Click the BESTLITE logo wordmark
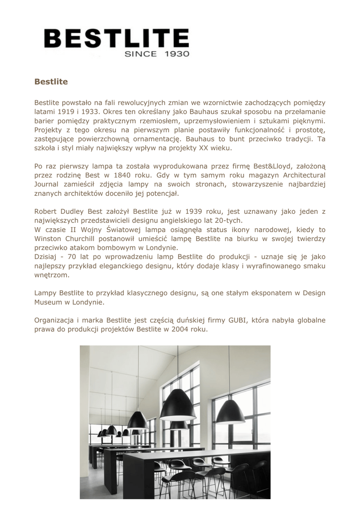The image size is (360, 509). click(x=116, y=39)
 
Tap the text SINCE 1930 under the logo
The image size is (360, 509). click(x=157, y=54)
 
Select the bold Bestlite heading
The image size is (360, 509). click(x=51, y=81)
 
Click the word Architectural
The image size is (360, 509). click(x=304, y=175)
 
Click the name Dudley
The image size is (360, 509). click(x=74, y=211)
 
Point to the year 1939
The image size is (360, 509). click(x=195, y=211)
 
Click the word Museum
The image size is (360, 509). click(x=48, y=302)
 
